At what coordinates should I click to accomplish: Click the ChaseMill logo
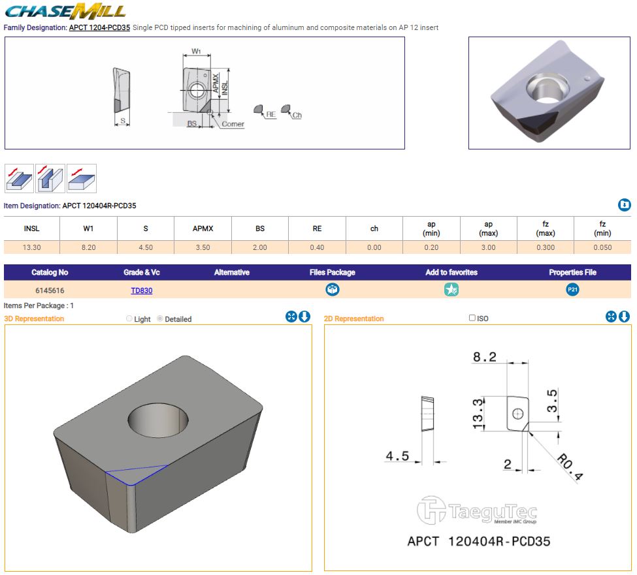click(x=65, y=11)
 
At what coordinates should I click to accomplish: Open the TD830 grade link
click(x=141, y=290)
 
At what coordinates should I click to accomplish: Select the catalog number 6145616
click(x=50, y=290)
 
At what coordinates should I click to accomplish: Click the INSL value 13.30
click(x=31, y=247)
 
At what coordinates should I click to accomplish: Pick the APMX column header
click(x=203, y=228)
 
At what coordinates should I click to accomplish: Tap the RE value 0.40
click(x=317, y=247)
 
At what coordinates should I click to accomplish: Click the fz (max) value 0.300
click(x=546, y=247)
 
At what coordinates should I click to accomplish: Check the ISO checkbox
click(x=472, y=319)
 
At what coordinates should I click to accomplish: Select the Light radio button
click(x=129, y=319)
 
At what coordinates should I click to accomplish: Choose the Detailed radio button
click(x=160, y=319)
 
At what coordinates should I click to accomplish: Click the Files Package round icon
click(x=333, y=290)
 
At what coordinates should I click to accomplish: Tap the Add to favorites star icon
click(x=451, y=290)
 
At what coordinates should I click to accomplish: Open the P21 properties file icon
click(x=573, y=290)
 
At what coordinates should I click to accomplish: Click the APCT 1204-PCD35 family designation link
click(x=99, y=28)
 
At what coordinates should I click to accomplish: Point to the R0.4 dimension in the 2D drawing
click(x=569, y=466)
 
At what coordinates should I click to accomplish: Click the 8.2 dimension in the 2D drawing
click(x=485, y=357)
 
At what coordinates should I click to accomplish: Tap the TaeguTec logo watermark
click(x=477, y=511)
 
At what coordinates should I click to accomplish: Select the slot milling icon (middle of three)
click(x=50, y=178)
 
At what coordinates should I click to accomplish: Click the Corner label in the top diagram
click(x=233, y=124)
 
